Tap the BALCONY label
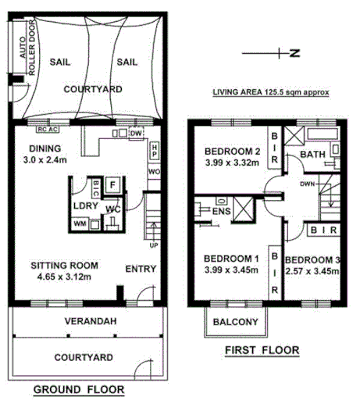click(237, 322)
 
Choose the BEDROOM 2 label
click(231, 152)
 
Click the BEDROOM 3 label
click(312, 260)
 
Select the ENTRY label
click(141, 270)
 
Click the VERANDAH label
click(86, 320)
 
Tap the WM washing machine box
click(78, 224)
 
